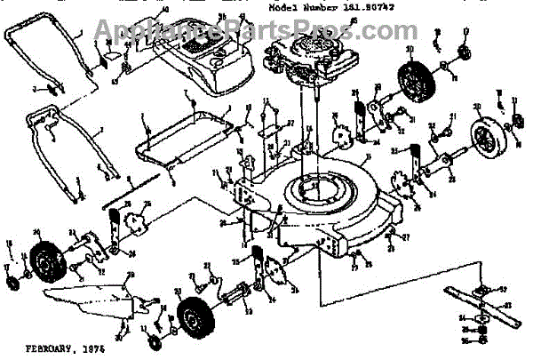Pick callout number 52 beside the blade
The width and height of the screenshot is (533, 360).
tap(502, 290)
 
